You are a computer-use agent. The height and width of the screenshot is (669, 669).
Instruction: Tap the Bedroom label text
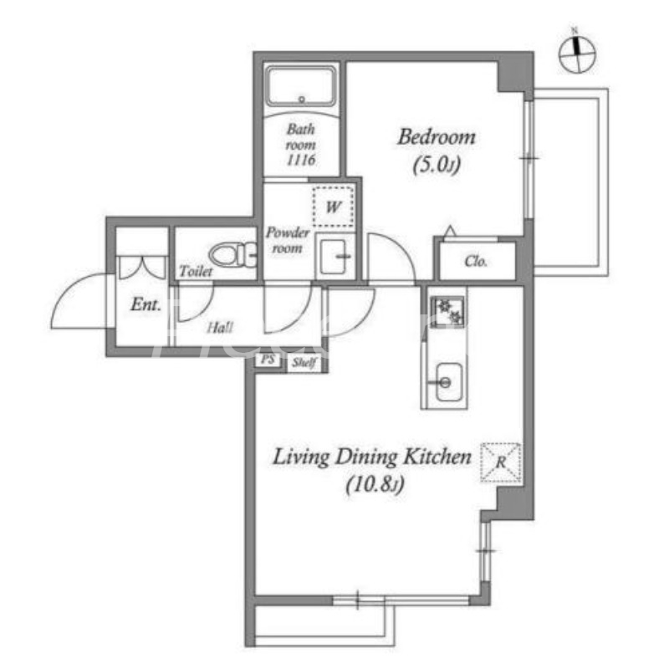(x=436, y=136)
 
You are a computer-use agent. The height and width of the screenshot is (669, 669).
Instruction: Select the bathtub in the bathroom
(x=301, y=87)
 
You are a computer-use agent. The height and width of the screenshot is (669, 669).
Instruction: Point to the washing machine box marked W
(x=333, y=205)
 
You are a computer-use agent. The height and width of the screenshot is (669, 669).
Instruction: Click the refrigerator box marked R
(x=500, y=462)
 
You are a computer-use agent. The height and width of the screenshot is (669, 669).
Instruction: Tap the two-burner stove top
(x=448, y=310)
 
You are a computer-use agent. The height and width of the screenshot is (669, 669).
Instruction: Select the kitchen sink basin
(x=444, y=383)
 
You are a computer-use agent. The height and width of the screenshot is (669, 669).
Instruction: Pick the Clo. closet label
(x=476, y=262)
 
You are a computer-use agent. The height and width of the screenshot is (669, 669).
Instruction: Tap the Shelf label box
(x=302, y=363)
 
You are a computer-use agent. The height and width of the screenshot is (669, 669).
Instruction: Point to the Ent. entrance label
(x=146, y=305)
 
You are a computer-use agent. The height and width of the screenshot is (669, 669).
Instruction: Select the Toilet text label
(x=196, y=272)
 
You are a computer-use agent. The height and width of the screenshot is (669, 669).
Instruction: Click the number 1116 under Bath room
(x=300, y=161)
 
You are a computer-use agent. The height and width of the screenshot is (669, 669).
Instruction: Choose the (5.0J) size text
(x=437, y=166)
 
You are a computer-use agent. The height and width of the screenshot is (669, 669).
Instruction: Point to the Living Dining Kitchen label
(x=373, y=457)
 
